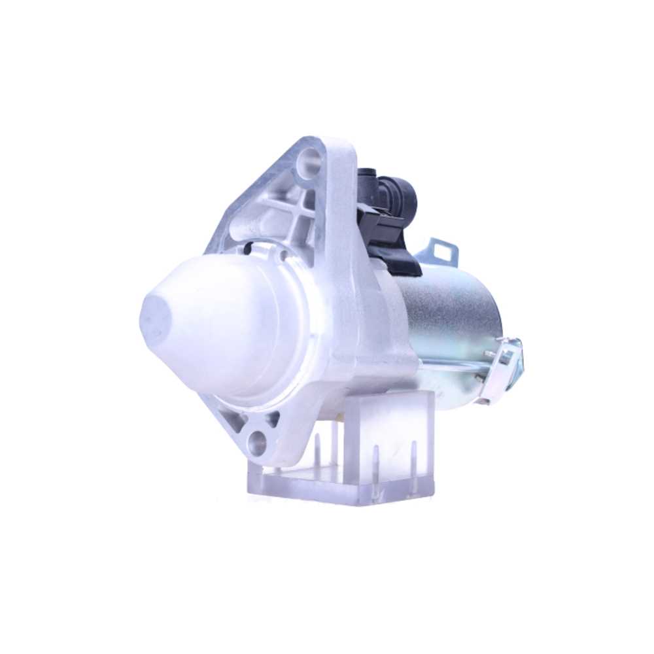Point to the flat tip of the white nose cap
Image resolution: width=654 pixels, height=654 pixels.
tap(155, 318)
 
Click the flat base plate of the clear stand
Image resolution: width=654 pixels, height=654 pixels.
tap(340, 487)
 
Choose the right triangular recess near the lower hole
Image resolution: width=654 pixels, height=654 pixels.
tap(271, 419)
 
